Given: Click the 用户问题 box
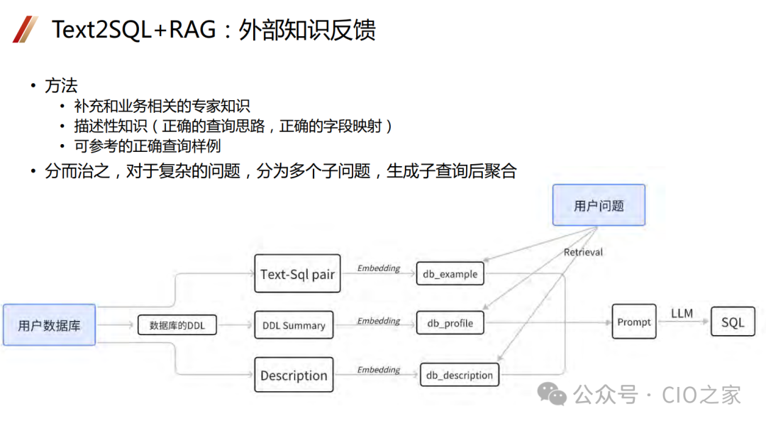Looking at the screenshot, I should tap(599, 205).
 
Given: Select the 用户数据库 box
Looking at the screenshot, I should tap(49, 325).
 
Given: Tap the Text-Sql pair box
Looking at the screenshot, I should tap(297, 274).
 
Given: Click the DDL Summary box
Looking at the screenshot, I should tap(294, 325).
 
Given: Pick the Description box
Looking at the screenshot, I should tap(294, 376).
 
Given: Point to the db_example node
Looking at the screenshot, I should tap(450, 274).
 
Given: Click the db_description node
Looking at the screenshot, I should tap(460, 375).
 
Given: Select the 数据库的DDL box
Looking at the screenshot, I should tap(177, 325).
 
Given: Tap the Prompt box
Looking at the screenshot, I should tap(633, 322).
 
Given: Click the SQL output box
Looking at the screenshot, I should tap(733, 322).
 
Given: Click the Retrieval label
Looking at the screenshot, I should tap(583, 252).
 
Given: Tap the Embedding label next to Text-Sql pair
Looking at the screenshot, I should tap(379, 268).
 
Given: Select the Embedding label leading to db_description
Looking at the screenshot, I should tap(379, 370).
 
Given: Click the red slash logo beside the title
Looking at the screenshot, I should tap(26, 29).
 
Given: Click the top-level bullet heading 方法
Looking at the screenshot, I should tap(61, 87).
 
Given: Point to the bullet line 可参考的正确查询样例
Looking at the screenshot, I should tap(148, 147).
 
